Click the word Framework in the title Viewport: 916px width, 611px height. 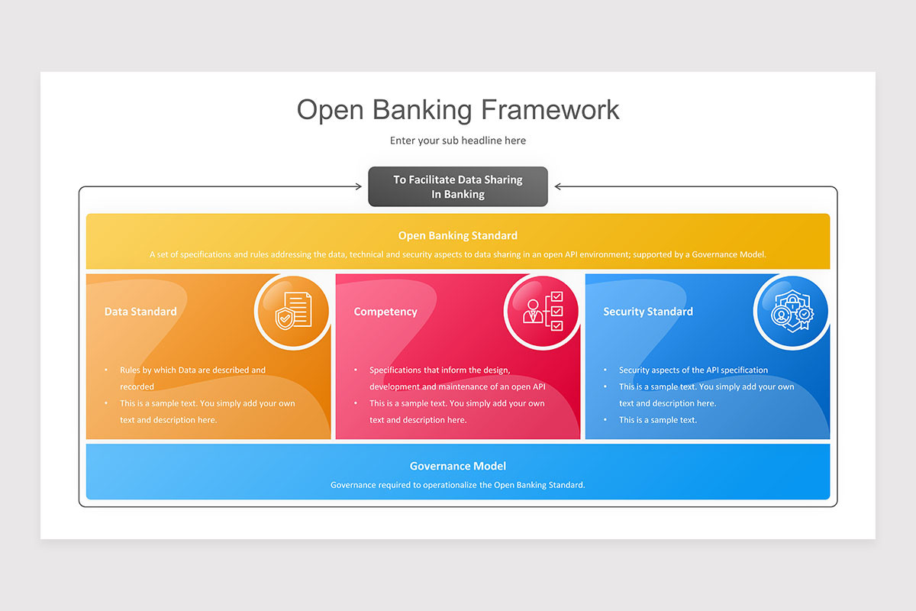[x=550, y=109]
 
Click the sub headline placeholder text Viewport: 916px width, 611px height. [x=458, y=141]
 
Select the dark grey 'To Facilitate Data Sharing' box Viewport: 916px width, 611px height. [x=458, y=186]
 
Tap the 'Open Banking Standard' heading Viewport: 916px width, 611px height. [x=458, y=235]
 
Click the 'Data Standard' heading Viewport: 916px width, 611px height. [x=140, y=312]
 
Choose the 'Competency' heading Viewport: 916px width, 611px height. [x=385, y=312]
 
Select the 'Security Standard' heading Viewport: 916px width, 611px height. [x=648, y=312]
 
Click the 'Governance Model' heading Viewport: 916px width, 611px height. [x=458, y=466]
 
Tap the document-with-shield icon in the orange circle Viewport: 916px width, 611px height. [x=293, y=312]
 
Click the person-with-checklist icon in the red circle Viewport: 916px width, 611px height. [x=542, y=312]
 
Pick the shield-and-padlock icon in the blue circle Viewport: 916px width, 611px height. [x=792, y=312]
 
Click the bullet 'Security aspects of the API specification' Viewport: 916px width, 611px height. [x=693, y=370]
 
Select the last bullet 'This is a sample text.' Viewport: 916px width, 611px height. [x=657, y=420]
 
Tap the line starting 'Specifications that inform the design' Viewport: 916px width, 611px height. [x=440, y=370]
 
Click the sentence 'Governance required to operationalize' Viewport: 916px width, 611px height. [x=458, y=485]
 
